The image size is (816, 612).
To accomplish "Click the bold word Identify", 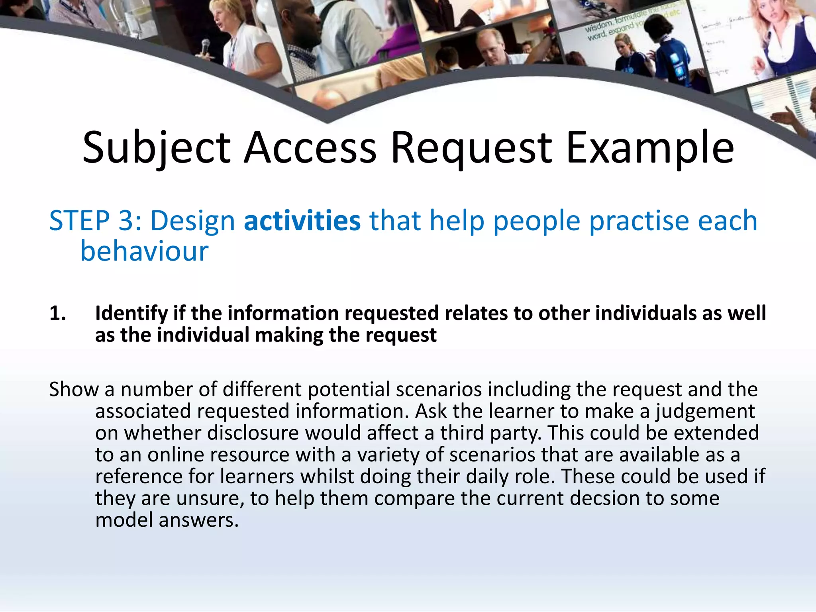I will pyautogui.click(x=131, y=314).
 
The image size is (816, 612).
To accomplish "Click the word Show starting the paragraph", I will pyautogui.click(x=73, y=389).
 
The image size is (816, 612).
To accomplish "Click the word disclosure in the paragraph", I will pyautogui.click(x=253, y=433).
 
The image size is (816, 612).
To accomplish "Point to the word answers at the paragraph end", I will pyautogui.click(x=199, y=520).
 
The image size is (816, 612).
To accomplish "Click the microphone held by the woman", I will pyautogui.click(x=206, y=47).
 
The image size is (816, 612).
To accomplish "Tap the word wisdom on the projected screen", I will pyautogui.click(x=598, y=27).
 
